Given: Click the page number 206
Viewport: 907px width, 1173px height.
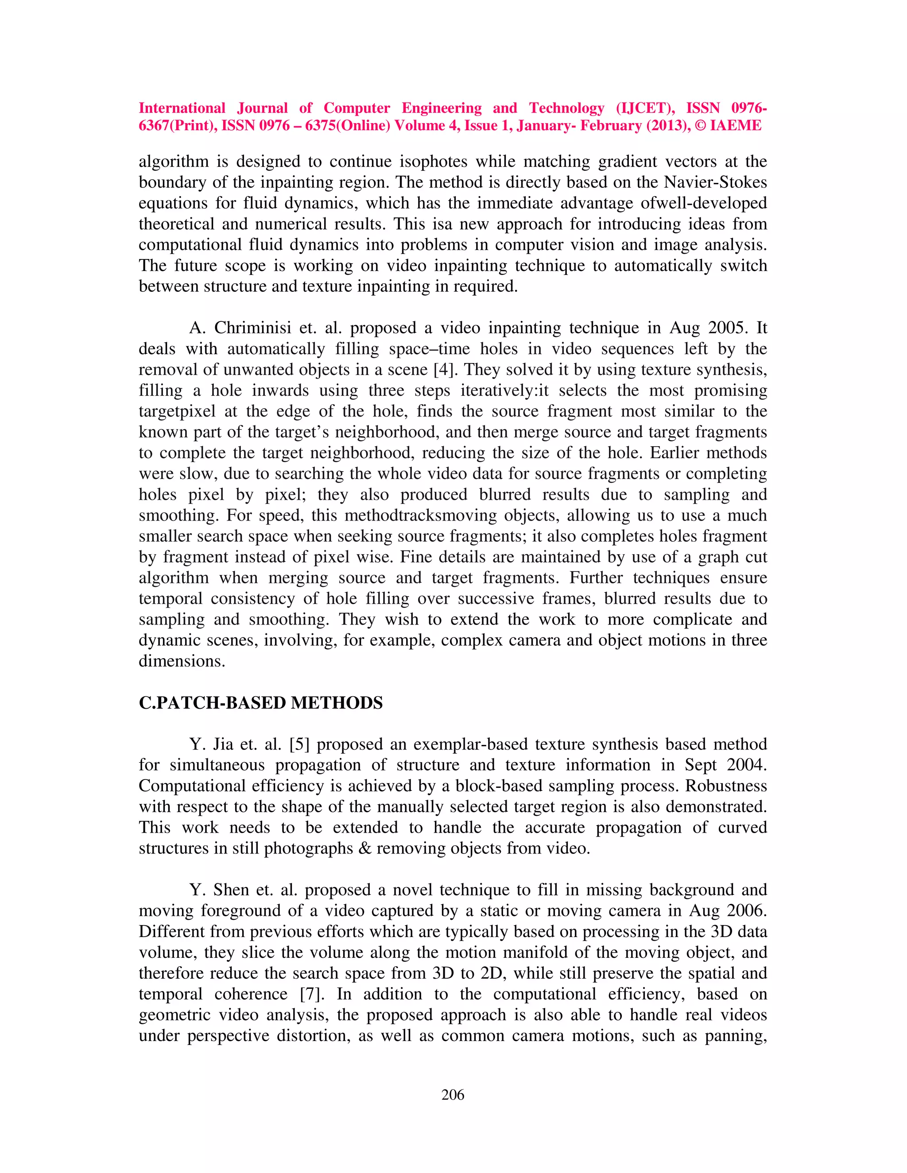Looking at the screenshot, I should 453,1095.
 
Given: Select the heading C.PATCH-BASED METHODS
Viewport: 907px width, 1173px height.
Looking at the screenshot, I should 260,703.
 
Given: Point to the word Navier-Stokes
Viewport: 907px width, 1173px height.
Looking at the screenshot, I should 715,183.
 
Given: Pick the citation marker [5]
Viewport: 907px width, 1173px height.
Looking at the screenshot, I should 299,745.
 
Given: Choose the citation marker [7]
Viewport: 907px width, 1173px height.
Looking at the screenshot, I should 312,994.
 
